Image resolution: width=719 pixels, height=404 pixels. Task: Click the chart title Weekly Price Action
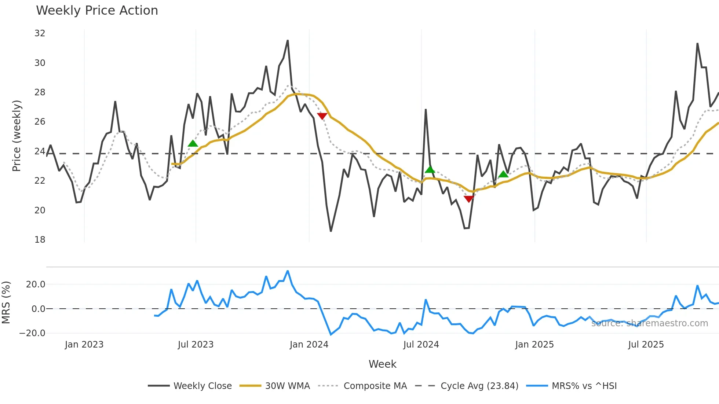(97, 11)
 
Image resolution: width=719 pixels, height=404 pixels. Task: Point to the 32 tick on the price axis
(40, 33)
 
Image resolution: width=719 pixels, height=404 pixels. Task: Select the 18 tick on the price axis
(40, 240)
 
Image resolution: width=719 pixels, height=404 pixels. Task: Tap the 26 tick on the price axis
(40, 122)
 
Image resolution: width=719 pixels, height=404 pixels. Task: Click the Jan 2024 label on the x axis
(309, 345)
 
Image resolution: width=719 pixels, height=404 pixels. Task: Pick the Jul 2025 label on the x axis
(646, 345)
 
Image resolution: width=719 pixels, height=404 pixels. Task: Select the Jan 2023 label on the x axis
(84, 345)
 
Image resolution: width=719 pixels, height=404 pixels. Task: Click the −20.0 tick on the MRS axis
(32, 333)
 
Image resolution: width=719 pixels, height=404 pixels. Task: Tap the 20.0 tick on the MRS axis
(36, 284)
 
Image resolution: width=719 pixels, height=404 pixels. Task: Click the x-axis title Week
(382, 364)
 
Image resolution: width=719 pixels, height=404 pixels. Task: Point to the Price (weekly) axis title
(17, 136)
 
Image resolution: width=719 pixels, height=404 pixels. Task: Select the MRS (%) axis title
(6, 302)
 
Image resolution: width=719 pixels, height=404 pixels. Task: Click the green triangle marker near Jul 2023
(193, 143)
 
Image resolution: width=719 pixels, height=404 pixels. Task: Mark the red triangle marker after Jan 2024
(322, 116)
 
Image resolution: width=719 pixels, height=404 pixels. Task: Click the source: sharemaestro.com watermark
(649, 323)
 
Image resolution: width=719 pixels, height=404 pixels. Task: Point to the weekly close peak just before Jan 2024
(288, 40)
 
